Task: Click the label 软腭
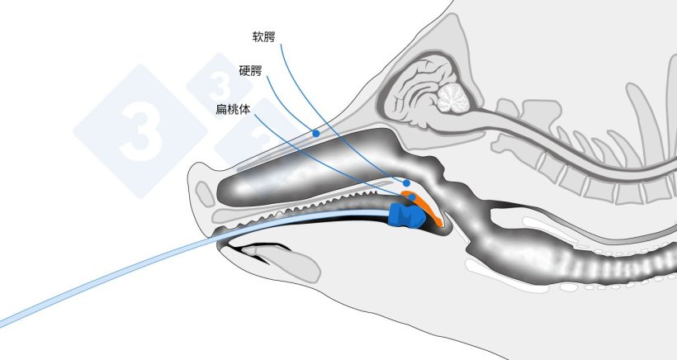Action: click(x=263, y=36)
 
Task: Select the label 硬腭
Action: click(x=250, y=70)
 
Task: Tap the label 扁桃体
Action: click(x=233, y=109)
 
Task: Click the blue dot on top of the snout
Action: click(x=316, y=134)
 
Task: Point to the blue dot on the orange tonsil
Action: click(x=412, y=197)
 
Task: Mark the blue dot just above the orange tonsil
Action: click(x=406, y=183)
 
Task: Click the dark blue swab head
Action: click(x=406, y=215)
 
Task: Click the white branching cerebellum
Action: click(x=453, y=98)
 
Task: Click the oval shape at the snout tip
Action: click(x=205, y=194)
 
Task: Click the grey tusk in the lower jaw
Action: click(x=281, y=262)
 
